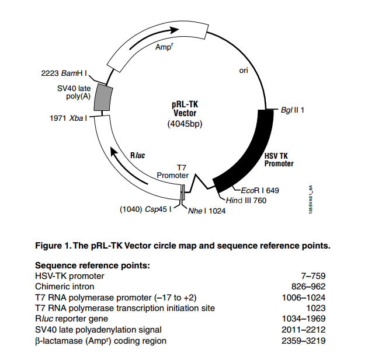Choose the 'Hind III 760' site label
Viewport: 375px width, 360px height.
click(246, 201)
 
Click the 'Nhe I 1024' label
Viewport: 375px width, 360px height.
click(206, 211)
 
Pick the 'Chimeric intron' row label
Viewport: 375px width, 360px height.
click(65, 286)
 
